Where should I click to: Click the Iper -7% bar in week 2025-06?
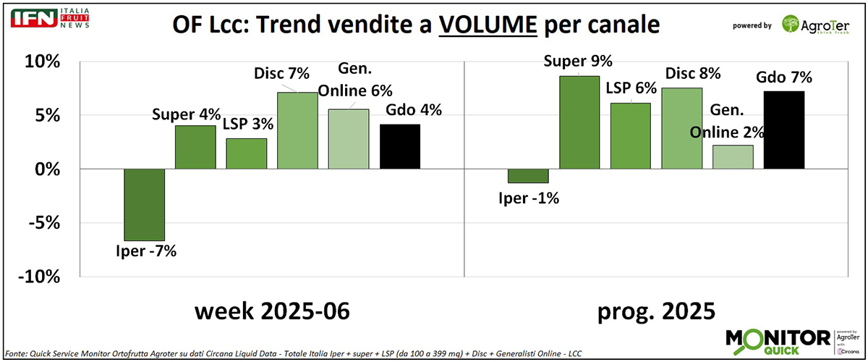(145, 204)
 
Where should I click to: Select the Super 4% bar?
(195, 147)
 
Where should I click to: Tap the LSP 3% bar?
(247, 153)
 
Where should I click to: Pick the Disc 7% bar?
(298, 130)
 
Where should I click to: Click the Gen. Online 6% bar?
(349, 139)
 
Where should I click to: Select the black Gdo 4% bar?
(400, 146)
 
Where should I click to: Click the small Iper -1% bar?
(528, 176)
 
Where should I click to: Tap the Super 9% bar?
(579, 122)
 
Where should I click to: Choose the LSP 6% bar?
(631, 136)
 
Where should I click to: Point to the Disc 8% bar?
(681, 128)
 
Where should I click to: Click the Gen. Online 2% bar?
(733, 157)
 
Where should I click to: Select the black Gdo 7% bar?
(785, 130)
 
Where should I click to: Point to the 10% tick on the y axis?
(43, 62)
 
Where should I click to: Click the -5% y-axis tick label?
(43, 222)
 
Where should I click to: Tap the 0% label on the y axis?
(48, 169)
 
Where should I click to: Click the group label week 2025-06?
(272, 311)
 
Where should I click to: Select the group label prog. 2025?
(656, 311)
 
